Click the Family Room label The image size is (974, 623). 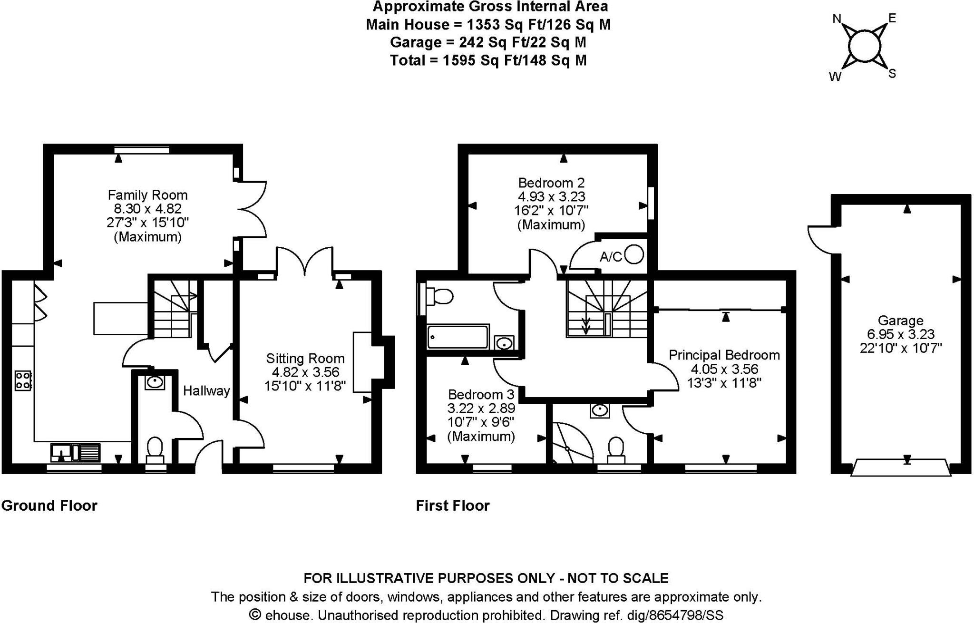click(x=147, y=195)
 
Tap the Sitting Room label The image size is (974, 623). click(x=305, y=358)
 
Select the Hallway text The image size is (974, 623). click(x=206, y=391)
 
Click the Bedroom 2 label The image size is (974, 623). click(x=551, y=183)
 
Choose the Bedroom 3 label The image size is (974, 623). click(x=481, y=394)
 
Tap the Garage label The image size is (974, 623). click(x=900, y=320)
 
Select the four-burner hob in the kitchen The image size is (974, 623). click(x=23, y=380)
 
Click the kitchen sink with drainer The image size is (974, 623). click(x=76, y=452)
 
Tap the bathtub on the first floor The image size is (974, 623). click(x=458, y=337)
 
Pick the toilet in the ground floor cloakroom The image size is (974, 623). click(x=155, y=450)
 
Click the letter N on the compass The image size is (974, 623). click(x=837, y=19)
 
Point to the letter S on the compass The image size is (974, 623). click(x=892, y=74)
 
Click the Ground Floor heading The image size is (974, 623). click(x=49, y=505)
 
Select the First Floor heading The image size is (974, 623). click(x=452, y=505)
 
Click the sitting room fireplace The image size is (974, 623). click(x=362, y=362)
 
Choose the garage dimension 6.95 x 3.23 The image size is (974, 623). click(x=900, y=334)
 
